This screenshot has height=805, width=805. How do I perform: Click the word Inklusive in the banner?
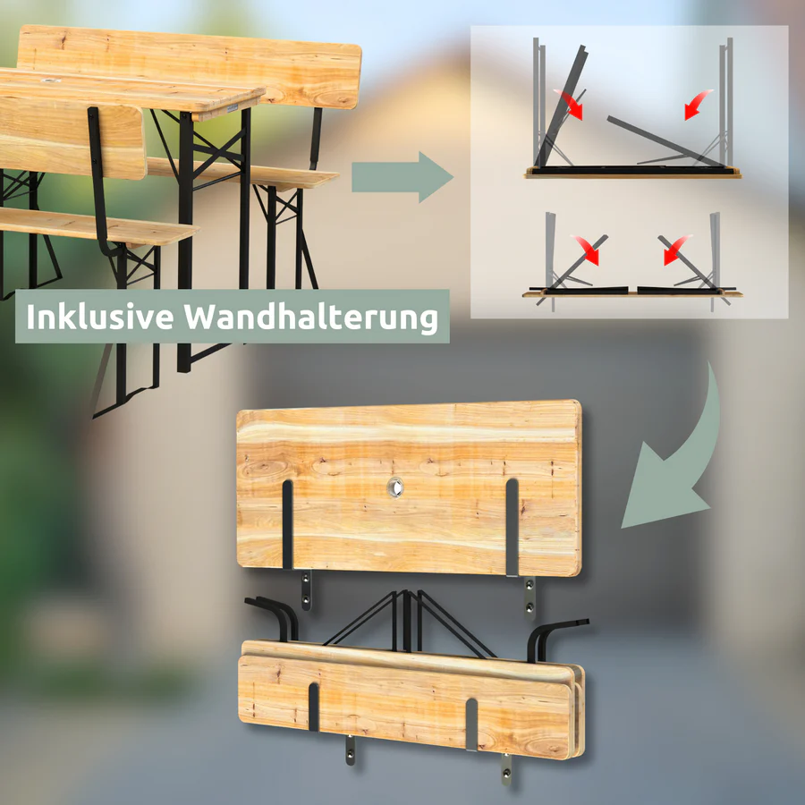[x=100, y=317]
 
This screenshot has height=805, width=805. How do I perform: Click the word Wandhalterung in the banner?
[x=311, y=317]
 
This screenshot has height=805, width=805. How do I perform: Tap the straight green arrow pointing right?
[x=402, y=177]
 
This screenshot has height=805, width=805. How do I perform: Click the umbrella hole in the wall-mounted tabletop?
[x=395, y=487]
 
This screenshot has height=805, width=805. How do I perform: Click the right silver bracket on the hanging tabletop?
[x=512, y=527]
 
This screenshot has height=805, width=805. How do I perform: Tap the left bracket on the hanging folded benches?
[x=314, y=707]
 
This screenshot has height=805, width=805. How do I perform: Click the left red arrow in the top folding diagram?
[x=571, y=105]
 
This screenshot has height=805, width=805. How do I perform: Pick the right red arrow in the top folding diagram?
[x=697, y=105]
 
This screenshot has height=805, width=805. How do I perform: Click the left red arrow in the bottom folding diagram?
[x=588, y=250]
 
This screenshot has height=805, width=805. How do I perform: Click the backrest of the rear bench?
[x=189, y=67]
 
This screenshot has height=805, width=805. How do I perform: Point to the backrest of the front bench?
[x=72, y=136]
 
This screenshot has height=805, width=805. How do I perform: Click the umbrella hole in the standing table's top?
[x=50, y=80]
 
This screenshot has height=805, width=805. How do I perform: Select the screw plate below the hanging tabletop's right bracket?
[x=530, y=598]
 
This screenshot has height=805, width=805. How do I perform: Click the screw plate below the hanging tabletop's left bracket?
[x=306, y=590]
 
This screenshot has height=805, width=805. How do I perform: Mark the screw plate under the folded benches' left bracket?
[x=350, y=750]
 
